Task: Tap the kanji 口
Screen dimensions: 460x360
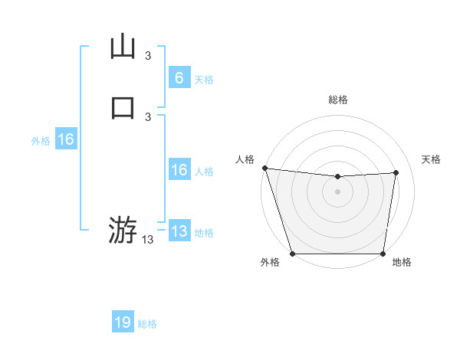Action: point(123,105)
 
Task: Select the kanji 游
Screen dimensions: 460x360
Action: point(123,230)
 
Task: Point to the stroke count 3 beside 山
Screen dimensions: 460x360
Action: point(148,55)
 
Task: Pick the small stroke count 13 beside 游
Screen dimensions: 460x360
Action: point(148,240)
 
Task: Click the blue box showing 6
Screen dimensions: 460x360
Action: point(179,78)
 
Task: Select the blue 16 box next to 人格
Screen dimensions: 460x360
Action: point(179,171)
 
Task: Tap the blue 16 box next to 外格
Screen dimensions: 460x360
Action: point(65,139)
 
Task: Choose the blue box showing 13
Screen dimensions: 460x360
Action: point(179,231)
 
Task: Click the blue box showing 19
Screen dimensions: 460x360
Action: point(123,322)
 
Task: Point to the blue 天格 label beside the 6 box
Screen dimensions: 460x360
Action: point(204,80)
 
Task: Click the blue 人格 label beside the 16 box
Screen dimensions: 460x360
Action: point(204,172)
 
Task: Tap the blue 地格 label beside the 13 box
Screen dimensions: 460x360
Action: point(204,233)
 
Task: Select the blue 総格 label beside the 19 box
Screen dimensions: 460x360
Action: point(147,324)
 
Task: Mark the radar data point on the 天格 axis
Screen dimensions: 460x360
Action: point(396,172)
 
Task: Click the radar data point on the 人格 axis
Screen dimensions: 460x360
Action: point(264,168)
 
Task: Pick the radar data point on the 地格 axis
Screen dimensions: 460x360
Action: point(383,254)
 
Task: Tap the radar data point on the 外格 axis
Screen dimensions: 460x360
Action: point(292,254)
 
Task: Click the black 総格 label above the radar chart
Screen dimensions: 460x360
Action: point(337,100)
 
